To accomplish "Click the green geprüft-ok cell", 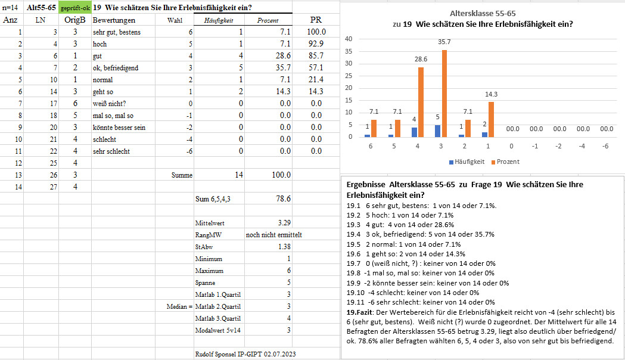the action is tap(75, 8).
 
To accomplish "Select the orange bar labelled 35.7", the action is tap(444, 94).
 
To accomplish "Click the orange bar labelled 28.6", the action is tap(421, 102).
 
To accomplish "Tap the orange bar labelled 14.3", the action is tap(492, 120).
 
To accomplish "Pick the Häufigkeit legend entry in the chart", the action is tap(467, 162).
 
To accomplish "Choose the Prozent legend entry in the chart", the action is tap(505, 162).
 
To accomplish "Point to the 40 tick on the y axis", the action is tap(349, 39).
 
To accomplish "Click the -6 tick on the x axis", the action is tap(605, 146).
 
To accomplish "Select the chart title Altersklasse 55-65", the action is tap(483, 13).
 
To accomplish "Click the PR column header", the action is tap(316, 20).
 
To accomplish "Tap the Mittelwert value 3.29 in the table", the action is tap(284, 223).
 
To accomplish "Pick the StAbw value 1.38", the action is tap(284, 247).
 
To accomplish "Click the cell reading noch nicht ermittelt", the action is tap(274, 235).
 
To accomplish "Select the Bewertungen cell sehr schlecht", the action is tap(111, 151).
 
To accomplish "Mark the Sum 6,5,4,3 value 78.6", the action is tap(284, 198).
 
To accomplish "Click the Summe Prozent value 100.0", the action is tap(281, 175).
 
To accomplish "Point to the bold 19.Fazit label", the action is tap(360, 312).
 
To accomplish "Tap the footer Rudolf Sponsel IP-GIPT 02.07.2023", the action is tap(245, 354).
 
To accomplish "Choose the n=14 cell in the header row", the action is tap(10, 8).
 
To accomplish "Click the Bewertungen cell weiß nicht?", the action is tap(109, 103).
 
